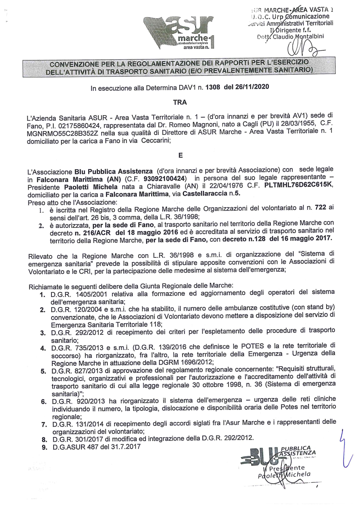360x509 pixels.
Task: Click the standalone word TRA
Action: click(180, 102)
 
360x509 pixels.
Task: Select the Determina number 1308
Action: click(212, 87)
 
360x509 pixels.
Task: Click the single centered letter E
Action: click(180, 156)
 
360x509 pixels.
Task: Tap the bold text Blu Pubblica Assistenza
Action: click(113, 171)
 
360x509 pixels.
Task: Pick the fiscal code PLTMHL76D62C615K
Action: click(299, 185)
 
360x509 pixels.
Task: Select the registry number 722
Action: click(320, 207)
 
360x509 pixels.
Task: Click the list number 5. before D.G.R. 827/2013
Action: click(43, 371)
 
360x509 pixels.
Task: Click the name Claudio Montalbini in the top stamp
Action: click(298, 36)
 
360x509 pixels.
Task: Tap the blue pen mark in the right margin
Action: click(345, 448)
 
